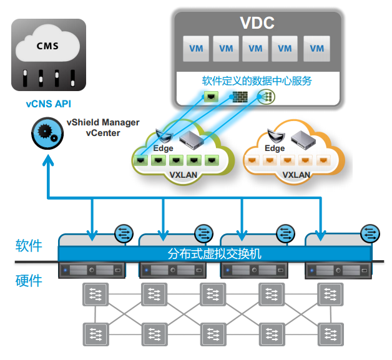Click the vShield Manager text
(x=103, y=122)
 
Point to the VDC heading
(x=257, y=24)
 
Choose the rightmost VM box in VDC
(x=317, y=49)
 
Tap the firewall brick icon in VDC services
(x=240, y=97)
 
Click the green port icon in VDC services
(x=212, y=97)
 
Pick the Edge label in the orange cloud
(x=275, y=148)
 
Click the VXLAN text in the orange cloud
(x=296, y=175)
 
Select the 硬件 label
(x=29, y=280)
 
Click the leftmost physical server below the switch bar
(x=92, y=270)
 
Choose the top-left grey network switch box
(x=94, y=294)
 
